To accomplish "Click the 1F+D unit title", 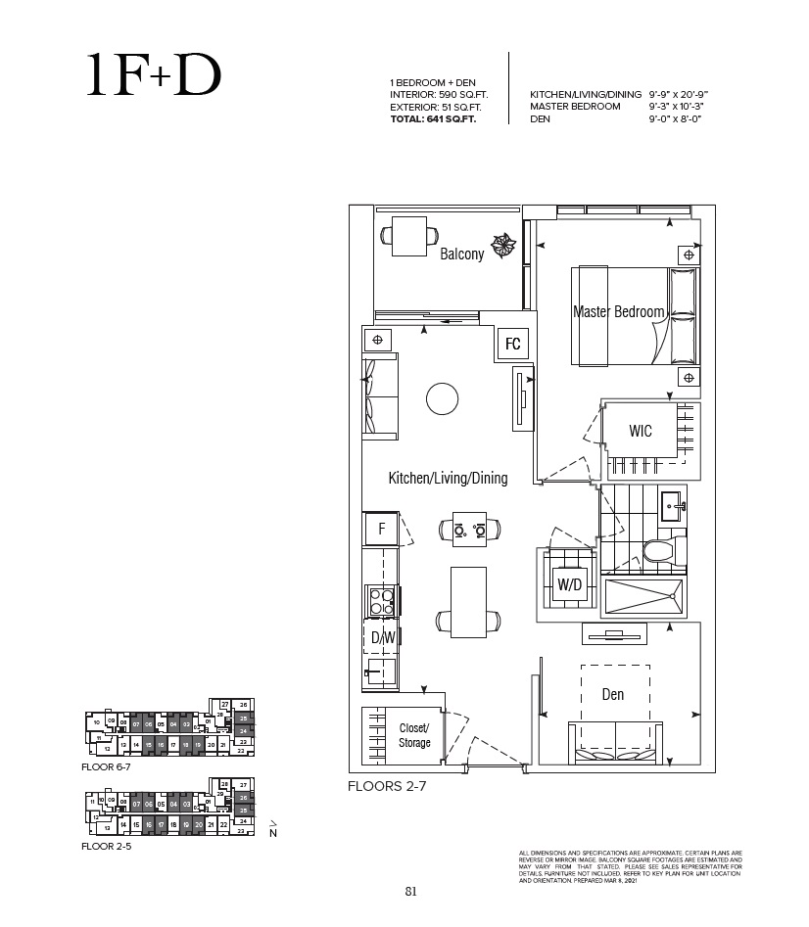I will (x=153, y=76).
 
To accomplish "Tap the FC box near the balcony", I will (x=512, y=345).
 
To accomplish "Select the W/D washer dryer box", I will (x=570, y=584).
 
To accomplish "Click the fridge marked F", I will (x=380, y=530).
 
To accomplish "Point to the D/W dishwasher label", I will (x=382, y=637).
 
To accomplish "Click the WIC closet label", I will (x=641, y=431).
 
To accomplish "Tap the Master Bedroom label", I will (x=619, y=312).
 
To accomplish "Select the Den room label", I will (x=612, y=695).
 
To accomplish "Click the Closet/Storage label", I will (x=414, y=734).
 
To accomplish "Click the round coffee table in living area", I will (x=442, y=398).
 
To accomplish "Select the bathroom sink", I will (x=674, y=505).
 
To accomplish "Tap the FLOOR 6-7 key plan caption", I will (x=106, y=768).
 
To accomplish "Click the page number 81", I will (x=410, y=891).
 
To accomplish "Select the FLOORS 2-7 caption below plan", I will (x=387, y=785).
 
